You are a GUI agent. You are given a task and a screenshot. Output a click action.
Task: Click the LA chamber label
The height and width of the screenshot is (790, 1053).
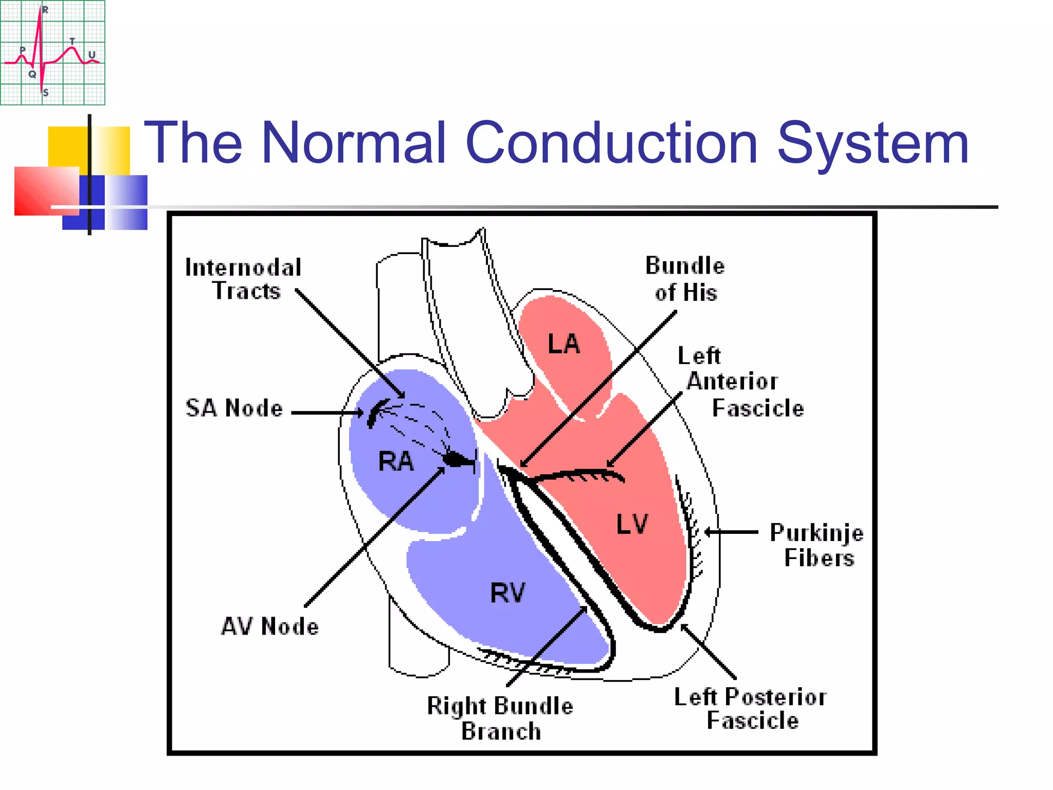click(x=564, y=344)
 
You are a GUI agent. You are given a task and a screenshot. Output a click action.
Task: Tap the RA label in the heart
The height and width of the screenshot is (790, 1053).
click(x=395, y=461)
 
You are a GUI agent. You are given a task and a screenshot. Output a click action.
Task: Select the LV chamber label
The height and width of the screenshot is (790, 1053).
click(x=632, y=524)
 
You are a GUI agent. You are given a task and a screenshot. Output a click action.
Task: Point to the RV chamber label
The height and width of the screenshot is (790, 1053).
click(x=507, y=592)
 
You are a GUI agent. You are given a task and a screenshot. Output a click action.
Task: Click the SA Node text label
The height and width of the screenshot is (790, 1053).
click(x=234, y=408)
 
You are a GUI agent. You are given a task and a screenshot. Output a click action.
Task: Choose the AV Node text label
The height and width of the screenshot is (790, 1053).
click(x=270, y=626)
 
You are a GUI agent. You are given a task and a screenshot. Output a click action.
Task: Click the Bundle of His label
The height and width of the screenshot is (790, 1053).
click(x=685, y=279)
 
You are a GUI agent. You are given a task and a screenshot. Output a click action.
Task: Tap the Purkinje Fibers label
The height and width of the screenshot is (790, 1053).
click(x=817, y=545)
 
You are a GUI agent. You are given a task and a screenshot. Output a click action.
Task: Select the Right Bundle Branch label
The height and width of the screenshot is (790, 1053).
click(x=500, y=718)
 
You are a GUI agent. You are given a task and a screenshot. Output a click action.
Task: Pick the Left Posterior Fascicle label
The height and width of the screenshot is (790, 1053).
click(x=751, y=709)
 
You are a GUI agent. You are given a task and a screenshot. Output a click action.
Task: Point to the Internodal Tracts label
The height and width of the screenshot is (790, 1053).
click(x=244, y=279)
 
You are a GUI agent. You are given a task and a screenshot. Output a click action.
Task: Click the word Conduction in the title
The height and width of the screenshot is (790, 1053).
click(x=611, y=142)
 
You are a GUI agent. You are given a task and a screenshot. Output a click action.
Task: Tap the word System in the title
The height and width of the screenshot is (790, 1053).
click(x=873, y=142)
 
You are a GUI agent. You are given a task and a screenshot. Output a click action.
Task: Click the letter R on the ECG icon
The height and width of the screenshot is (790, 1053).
click(x=45, y=10)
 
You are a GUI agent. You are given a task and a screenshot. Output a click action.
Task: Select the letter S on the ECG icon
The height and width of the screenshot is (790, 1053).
click(x=46, y=93)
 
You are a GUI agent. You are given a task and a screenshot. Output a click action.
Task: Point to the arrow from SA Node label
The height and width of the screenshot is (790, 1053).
click(x=327, y=412)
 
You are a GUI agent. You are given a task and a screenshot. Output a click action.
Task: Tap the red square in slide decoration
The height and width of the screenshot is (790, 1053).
click(x=45, y=190)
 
